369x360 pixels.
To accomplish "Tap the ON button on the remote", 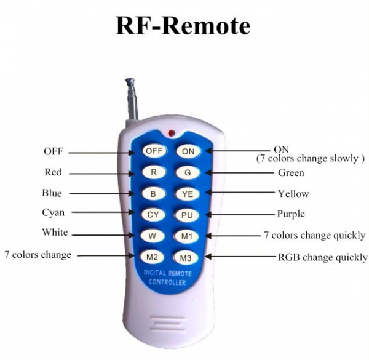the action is point(188,151).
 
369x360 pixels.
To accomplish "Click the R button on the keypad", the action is point(154,172).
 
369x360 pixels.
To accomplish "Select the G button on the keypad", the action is point(188,172).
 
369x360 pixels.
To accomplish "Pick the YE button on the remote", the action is point(188,194).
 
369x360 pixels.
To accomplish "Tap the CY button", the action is point(153,215).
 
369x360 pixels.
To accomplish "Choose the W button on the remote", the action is point(153,236).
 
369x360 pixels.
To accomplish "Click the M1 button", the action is point(187,236).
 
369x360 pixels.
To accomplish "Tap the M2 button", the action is point(152,257).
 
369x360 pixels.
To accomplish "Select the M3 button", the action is point(186,258).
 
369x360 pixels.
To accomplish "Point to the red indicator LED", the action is point(172,133).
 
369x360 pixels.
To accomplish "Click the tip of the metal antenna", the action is point(130,80).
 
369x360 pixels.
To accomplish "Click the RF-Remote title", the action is point(183,25).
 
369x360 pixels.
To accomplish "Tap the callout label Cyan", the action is point(54,213).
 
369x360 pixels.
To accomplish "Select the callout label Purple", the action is point(291,214).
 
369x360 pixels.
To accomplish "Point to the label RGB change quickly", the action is point(323,257).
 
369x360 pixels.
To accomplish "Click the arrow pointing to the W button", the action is point(103,235).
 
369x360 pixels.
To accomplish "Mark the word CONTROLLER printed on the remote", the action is point(167,282).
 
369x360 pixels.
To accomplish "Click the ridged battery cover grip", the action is point(167,324).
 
